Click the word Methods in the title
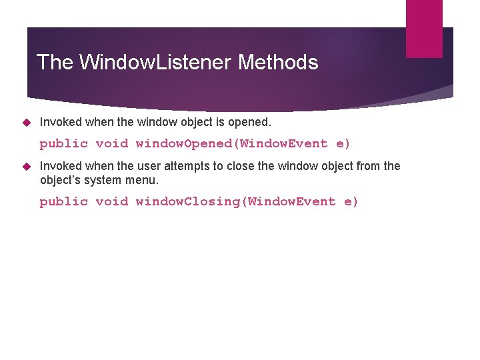pyautogui.click(x=278, y=63)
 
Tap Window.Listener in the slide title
pyautogui.click(x=156, y=63)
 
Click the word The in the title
pyautogui.click(x=55, y=63)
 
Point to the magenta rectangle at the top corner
pyautogui.click(x=425, y=28)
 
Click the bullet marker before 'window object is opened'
pyautogui.click(x=27, y=122)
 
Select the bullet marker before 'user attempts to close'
pyautogui.click(x=27, y=166)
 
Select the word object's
pyautogui.click(x=61, y=180)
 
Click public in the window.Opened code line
pyautogui.click(x=63, y=143)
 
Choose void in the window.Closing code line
pyautogui.click(x=111, y=201)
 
